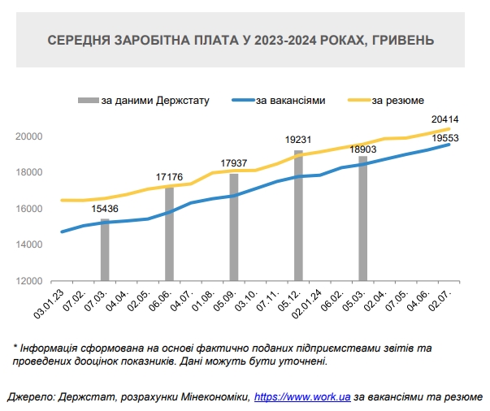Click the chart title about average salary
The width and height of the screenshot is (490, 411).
[x=241, y=39]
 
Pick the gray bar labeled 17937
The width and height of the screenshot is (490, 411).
[x=234, y=227]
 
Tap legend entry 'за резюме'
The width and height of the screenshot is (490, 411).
[x=396, y=101]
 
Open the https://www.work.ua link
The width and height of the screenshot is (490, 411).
[x=302, y=397]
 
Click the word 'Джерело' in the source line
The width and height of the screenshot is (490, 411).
[x=27, y=397]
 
